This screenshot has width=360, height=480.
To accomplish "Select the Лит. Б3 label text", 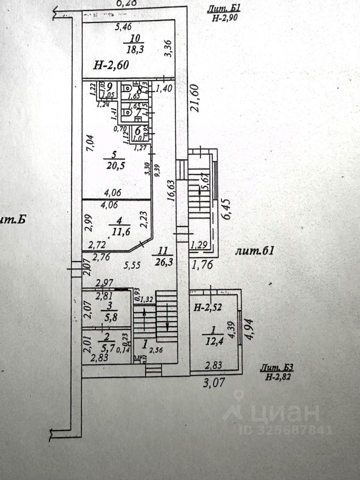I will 276,367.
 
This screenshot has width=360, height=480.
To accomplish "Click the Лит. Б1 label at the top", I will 224,8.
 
